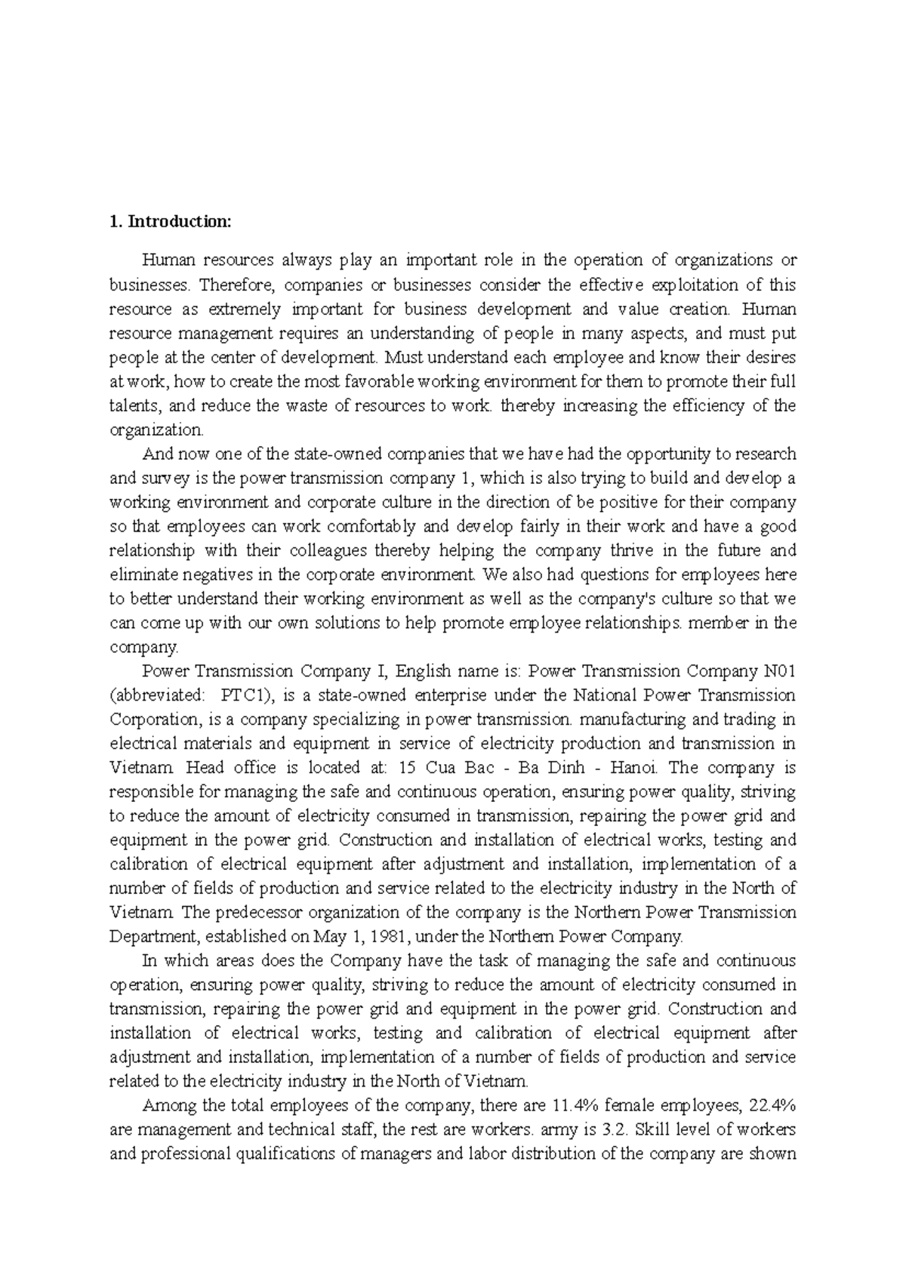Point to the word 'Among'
tap(165, 1105)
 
